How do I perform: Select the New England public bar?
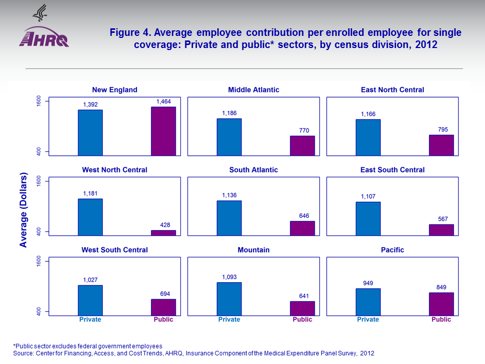tap(164, 131)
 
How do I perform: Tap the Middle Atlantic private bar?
tap(229, 137)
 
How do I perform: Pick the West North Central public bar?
tap(164, 233)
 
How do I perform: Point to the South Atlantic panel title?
tap(254, 170)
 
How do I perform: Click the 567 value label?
tap(441, 219)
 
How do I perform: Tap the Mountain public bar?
tap(302, 308)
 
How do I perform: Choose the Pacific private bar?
tap(368, 302)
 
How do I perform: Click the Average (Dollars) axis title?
tap(23, 210)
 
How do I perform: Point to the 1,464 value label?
tap(164, 102)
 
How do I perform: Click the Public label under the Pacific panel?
tap(441, 320)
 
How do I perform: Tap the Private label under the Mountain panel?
tap(229, 320)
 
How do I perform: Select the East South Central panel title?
tap(393, 170)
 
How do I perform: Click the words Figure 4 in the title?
tap(130, 33)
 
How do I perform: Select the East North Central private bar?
tap(368, 138)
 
